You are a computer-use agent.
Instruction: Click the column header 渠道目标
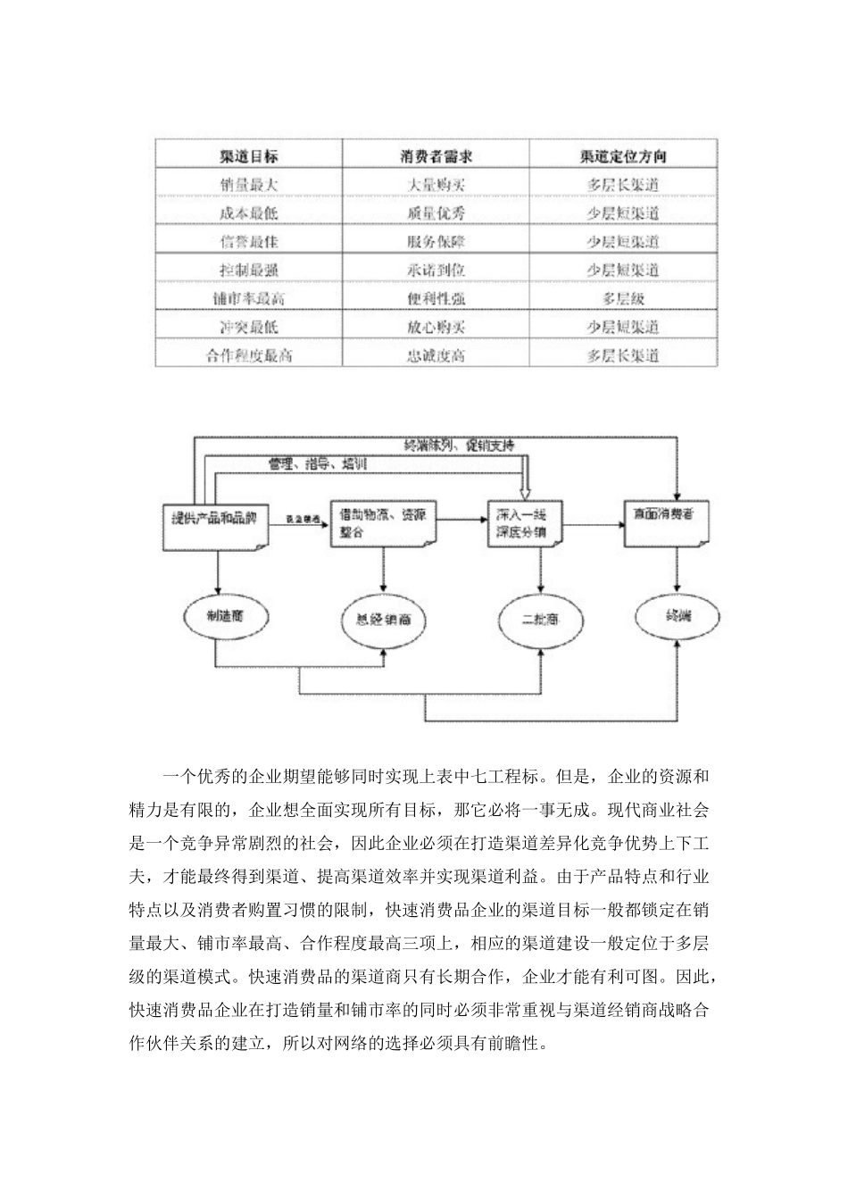(249, 156)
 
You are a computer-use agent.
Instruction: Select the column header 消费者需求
(436, 156)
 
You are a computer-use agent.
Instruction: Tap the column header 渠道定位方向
(623, 156)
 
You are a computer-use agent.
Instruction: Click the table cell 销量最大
(249, 185)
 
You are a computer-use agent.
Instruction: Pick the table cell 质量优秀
(436, 213)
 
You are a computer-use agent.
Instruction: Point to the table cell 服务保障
(436, 241)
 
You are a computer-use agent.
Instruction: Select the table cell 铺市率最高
(249, 298)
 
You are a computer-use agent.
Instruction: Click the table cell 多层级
(623, 298)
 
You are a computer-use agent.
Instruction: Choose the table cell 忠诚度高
(436, 355)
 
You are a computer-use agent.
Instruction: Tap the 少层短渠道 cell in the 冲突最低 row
(623, 327)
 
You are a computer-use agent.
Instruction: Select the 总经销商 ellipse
(384, 618)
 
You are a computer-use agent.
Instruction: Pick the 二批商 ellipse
(540, 618)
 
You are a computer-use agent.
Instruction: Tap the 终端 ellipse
(677, 616)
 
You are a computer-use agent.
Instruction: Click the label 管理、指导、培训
(318, 464)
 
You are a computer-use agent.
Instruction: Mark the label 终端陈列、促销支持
(459, 444)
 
